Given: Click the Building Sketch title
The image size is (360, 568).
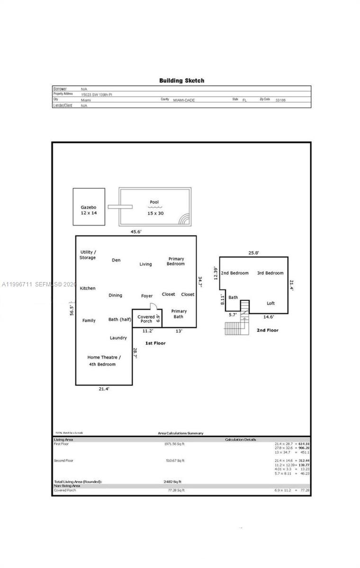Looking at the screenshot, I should tap(181, 80).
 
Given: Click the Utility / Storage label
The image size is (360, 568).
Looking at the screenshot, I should tap(88, 255).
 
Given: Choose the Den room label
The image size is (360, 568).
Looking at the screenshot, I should tap(116, 260).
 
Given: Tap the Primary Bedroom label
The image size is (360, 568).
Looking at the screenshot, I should tap(176, 261).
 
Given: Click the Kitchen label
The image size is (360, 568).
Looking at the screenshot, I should tap(88, 288).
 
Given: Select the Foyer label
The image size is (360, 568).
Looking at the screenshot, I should tap(147, 296).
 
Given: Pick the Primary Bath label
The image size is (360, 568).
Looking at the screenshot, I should tap(179, 313).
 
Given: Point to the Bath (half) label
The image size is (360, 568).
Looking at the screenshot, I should tap(119, 319).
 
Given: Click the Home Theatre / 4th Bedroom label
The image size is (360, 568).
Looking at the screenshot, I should tap(104, 361).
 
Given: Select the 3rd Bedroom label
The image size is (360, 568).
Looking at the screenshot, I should tap(270, 273).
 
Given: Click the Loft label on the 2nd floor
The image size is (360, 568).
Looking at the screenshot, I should tap(270, 303).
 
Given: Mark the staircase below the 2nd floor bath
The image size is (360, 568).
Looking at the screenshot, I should tap(235, 327).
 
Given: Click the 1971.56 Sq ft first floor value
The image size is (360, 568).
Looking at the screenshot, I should tap(174, 444).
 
